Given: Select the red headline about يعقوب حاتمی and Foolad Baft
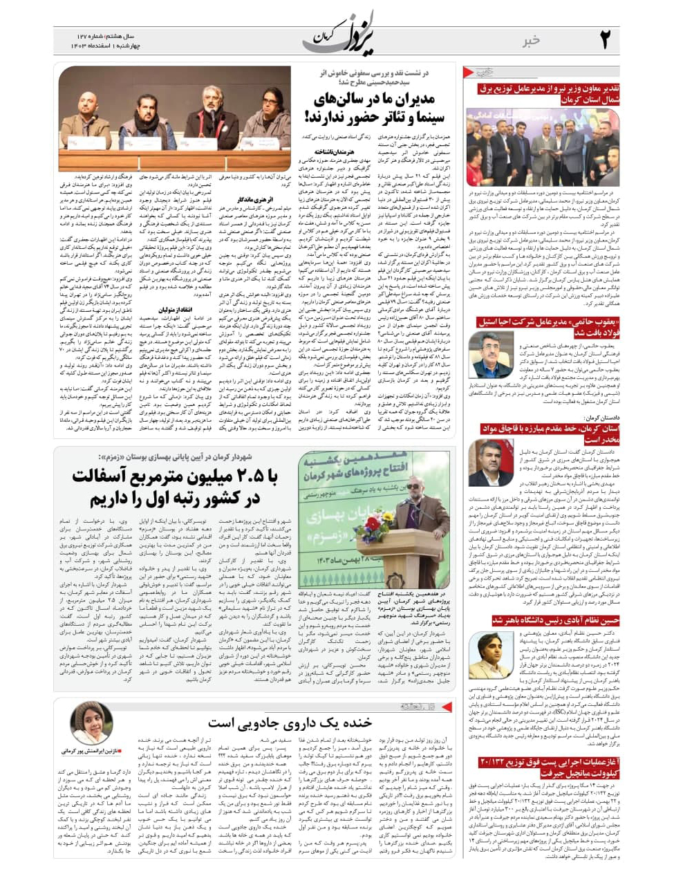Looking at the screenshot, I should point(548,327).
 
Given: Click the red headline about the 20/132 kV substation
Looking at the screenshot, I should point(548,767).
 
